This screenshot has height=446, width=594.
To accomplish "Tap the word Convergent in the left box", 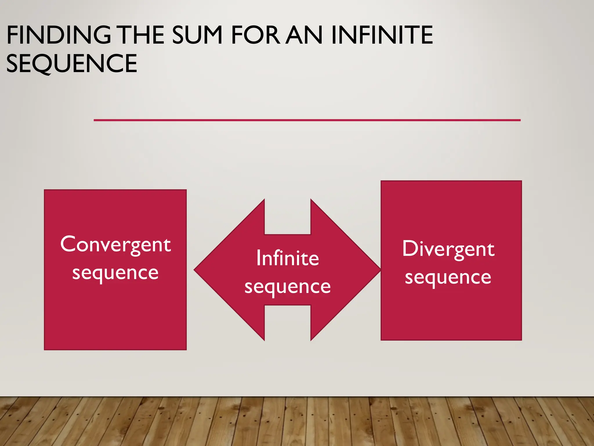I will (115, 244).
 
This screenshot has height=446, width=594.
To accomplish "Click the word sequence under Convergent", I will (115, 273).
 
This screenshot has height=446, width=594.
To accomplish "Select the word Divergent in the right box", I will (448, 249).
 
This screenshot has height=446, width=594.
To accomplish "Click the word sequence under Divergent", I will (448, 277).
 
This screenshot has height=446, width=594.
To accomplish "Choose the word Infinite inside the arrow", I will (287, 258).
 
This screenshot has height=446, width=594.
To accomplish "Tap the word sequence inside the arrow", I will (287, 287).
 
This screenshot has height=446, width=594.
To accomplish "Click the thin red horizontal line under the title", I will (307, 120).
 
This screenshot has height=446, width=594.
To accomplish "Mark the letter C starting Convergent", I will (68, 244).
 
